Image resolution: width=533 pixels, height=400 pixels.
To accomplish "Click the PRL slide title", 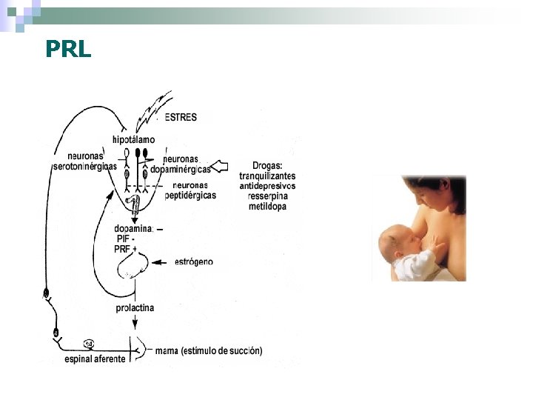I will (68, 49).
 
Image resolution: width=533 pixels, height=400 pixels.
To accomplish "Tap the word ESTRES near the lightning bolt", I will (181, 117).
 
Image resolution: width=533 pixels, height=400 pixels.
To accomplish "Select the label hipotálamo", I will (134, 139).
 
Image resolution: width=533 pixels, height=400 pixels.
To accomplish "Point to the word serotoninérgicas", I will (84, 167).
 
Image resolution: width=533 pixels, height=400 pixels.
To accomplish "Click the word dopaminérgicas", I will (181, 170).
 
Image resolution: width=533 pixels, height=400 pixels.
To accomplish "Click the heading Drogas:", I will (267, 165).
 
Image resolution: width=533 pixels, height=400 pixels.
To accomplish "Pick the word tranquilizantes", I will (267, 176).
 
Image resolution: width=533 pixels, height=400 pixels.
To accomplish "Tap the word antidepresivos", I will (267, 186).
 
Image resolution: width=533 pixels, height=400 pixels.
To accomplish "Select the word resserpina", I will (267, 196).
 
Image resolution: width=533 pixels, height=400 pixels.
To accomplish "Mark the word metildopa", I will (267, 207).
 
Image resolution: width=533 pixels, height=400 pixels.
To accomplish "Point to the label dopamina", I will (134, 228).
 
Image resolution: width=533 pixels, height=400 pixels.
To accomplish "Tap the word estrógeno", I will (194, 261).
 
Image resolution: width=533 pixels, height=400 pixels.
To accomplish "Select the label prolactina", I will (135, 307).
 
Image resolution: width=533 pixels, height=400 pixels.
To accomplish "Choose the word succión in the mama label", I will (244, 350).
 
